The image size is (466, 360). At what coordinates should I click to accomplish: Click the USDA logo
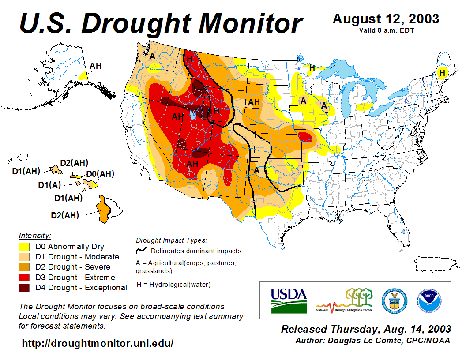coord(289,300)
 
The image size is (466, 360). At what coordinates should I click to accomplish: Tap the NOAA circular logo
coord(428,300)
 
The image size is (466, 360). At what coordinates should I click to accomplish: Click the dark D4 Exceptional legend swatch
coord(24,288)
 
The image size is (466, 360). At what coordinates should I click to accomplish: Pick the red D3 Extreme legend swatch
coord(24,277)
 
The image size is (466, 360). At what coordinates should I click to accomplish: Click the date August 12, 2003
coord(386,19)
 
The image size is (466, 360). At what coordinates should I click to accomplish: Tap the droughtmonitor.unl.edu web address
coord(98,343)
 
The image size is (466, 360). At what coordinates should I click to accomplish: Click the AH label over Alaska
coord(95,66)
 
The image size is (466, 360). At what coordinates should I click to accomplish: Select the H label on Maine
coord(442,72)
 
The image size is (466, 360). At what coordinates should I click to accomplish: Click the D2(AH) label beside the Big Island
coord(64,215)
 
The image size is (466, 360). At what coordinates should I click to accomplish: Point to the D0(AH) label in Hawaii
coord(100,174)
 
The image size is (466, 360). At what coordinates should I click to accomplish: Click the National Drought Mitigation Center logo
coord(345,300)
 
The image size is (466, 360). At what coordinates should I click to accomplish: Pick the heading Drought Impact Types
coord(171,240)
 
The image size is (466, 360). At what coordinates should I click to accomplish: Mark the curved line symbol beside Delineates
coord(141,251)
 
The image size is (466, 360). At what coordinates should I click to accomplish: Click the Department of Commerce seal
coord(394,300)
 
